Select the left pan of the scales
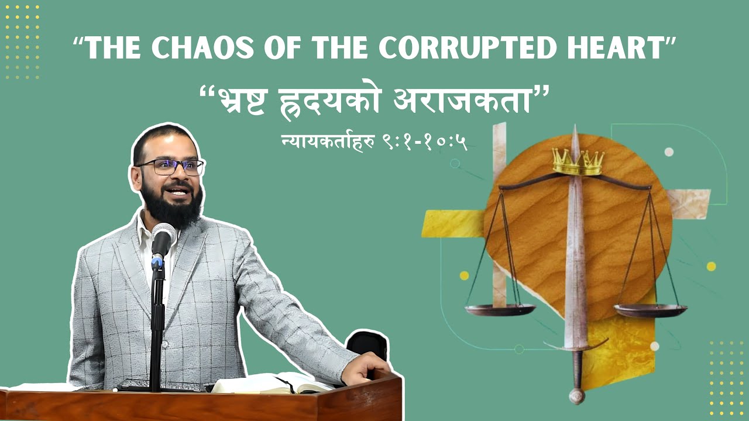point(500,309)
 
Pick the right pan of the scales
point(650,309)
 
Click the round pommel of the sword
point(577,395)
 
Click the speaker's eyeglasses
point(170,167)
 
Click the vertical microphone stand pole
point(157,327)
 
